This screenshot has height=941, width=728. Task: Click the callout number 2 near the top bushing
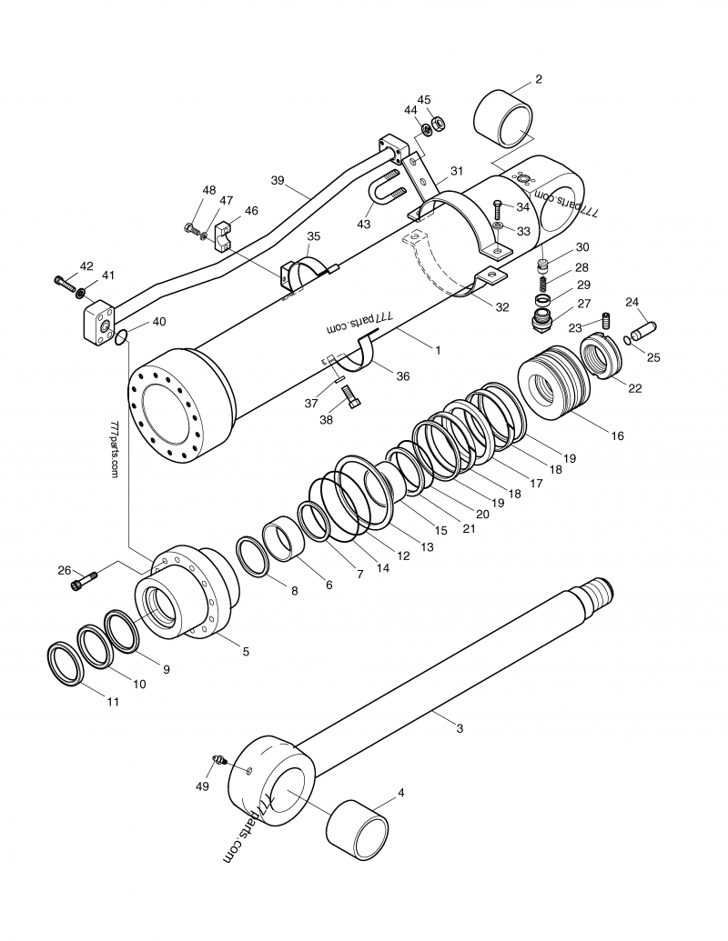click(538, 79)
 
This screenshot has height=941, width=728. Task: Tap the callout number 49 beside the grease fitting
click(203, 786)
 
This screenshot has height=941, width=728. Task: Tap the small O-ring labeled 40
click(122, 338)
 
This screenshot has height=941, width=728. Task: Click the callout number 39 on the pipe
click(278, 180)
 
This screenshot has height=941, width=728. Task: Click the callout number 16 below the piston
click(617, 435)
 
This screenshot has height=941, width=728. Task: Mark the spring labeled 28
click(543, 284)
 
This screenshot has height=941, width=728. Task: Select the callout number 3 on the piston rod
click(460, 727)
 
